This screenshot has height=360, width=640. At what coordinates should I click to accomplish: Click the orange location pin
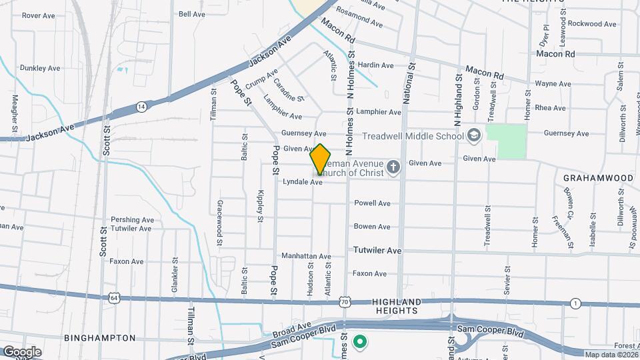pyautogui.click(x=320, y=159)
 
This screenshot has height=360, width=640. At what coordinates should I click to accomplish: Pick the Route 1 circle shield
pyautogui.click(x=575, y=303)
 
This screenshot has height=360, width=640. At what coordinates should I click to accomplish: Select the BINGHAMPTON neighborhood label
pyautogui.click(x=100, y=338)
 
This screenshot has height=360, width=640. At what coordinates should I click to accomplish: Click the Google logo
pyautogui.click(x=22, y=351)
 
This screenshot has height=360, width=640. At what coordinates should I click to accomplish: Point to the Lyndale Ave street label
pyautogui.click(x=303, y=181)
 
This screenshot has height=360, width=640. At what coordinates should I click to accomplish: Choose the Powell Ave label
pyautogui.click(x=372, y=203)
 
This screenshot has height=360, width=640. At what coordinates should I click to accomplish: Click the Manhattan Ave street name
pyautogui.click(x=306, y=256)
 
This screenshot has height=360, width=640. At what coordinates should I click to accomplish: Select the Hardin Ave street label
pyautogui.click(x=375, y=65)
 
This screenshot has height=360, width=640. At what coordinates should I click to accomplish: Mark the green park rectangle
pyautogui.click(x=507, y=141)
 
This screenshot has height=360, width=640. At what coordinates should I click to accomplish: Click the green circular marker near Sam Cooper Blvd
pyautogui.click(x=361, y=343)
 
